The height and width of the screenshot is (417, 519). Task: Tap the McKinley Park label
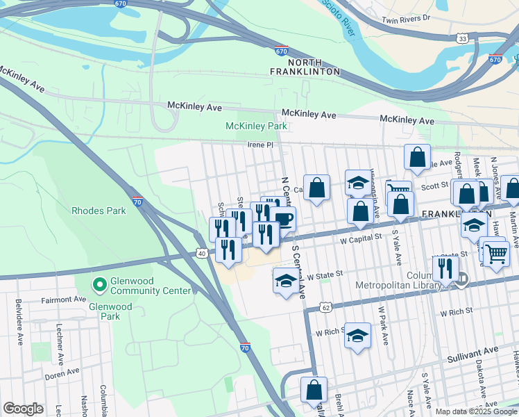256,126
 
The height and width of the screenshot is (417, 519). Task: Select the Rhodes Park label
99,210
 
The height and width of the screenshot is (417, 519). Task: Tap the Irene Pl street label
262,145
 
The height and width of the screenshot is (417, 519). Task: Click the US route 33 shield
462,39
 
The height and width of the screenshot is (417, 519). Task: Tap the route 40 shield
201,254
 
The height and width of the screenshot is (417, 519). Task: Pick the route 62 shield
325,306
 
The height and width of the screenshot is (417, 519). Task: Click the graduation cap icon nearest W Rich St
357,335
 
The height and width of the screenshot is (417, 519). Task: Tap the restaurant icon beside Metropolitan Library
445,268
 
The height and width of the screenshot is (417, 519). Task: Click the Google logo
23,409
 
